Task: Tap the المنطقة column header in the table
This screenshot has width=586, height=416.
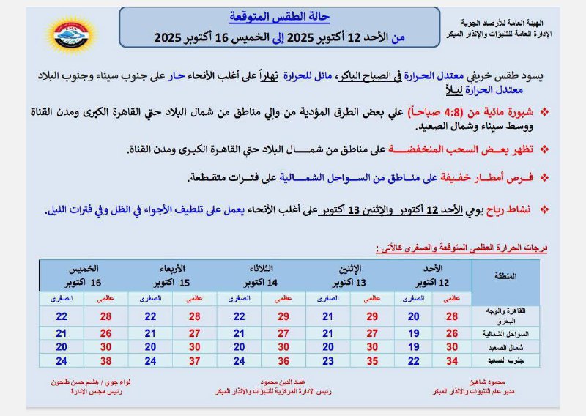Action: click(505, 276)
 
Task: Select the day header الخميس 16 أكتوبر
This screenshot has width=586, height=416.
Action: click(83, 275)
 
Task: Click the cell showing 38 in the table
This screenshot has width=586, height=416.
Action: click(105, 360)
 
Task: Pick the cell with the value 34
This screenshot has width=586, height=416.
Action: click(452, 360)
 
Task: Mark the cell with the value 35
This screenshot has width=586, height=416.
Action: click(371, 360)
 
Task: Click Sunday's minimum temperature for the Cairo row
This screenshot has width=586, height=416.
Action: click(414, 316)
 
